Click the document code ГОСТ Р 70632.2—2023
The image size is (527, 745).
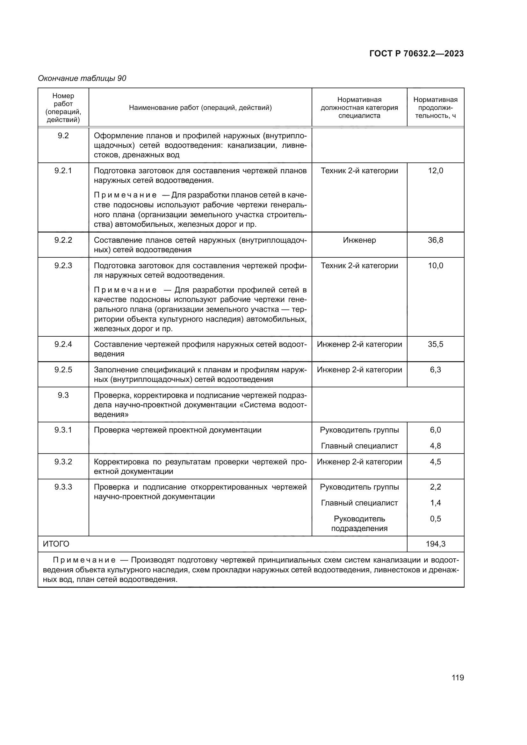tap(416, 54)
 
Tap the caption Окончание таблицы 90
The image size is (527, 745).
tap(82, 78)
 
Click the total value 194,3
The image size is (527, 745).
tap(436, 544)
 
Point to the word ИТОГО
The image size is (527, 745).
tap(56, 544)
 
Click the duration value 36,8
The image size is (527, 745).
tap(436, 240)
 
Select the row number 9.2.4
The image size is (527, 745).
tap(63, 344)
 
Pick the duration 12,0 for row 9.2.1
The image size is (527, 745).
tap(436, 171)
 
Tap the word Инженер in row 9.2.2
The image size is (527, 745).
tap(359, 240)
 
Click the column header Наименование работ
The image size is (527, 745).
tap(200, 108)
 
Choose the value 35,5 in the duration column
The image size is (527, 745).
tap(436, 344)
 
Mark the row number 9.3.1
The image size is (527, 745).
tap(63, 430)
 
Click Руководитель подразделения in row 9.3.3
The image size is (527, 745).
tap(359, 523)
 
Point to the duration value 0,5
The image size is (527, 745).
tap(436, 519)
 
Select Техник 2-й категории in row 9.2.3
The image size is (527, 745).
tap(359, 265)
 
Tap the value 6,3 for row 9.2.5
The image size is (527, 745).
tap(436, 370)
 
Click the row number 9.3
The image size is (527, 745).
tap(63, 395)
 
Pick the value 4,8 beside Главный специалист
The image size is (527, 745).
tap(436, 446)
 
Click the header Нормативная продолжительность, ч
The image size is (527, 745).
tap(436, 108)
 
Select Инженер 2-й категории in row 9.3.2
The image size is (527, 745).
tap(359, 462)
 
